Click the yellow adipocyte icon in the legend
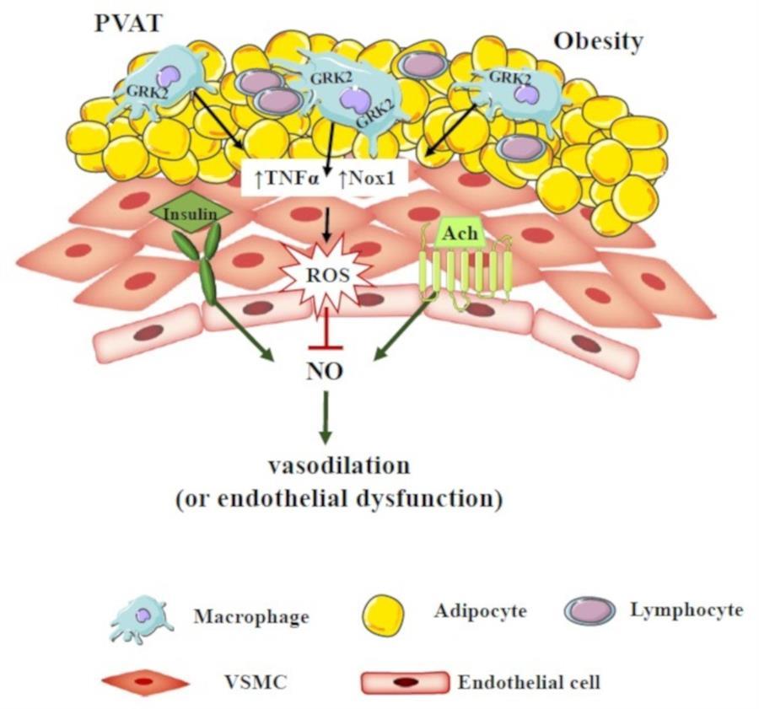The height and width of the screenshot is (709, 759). [x=383, y=614]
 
